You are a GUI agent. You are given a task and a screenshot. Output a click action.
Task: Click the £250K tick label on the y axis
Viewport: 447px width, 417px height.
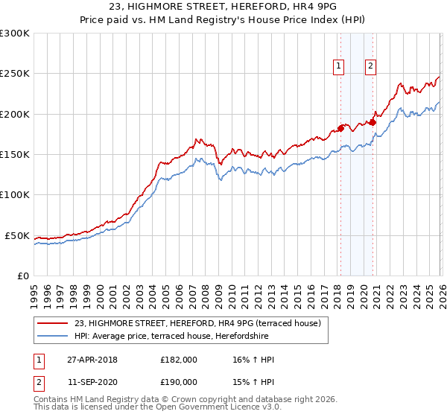coord(14,74)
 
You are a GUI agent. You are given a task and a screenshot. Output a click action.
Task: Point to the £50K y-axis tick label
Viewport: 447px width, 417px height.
coord(17,235)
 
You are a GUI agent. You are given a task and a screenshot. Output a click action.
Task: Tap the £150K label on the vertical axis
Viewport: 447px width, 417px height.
coord(14,155)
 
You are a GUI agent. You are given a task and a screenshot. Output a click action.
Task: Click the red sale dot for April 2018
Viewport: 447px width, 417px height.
coord(340,128)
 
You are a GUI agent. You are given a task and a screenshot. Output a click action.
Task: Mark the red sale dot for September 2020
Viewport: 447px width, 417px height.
coord(372,122)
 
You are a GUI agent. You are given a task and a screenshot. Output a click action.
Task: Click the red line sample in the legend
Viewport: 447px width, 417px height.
coord(54,323)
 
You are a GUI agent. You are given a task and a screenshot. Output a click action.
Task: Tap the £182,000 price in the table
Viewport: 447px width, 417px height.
coord(178,360)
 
